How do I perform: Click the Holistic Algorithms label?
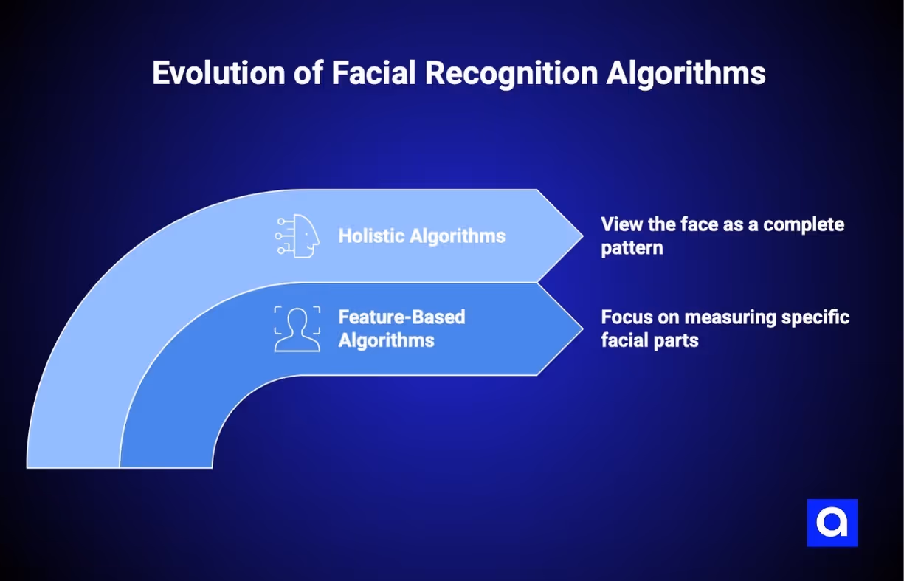click(421, 236)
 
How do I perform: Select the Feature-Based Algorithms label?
click(401, 329)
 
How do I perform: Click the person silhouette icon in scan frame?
click(297, 329)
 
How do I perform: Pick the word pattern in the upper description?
click(631, 247)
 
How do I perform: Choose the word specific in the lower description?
click(818, 317)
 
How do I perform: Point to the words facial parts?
click(649, 341)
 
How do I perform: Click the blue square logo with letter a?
click(832, 523)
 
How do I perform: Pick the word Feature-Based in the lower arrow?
click(401, 317)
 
